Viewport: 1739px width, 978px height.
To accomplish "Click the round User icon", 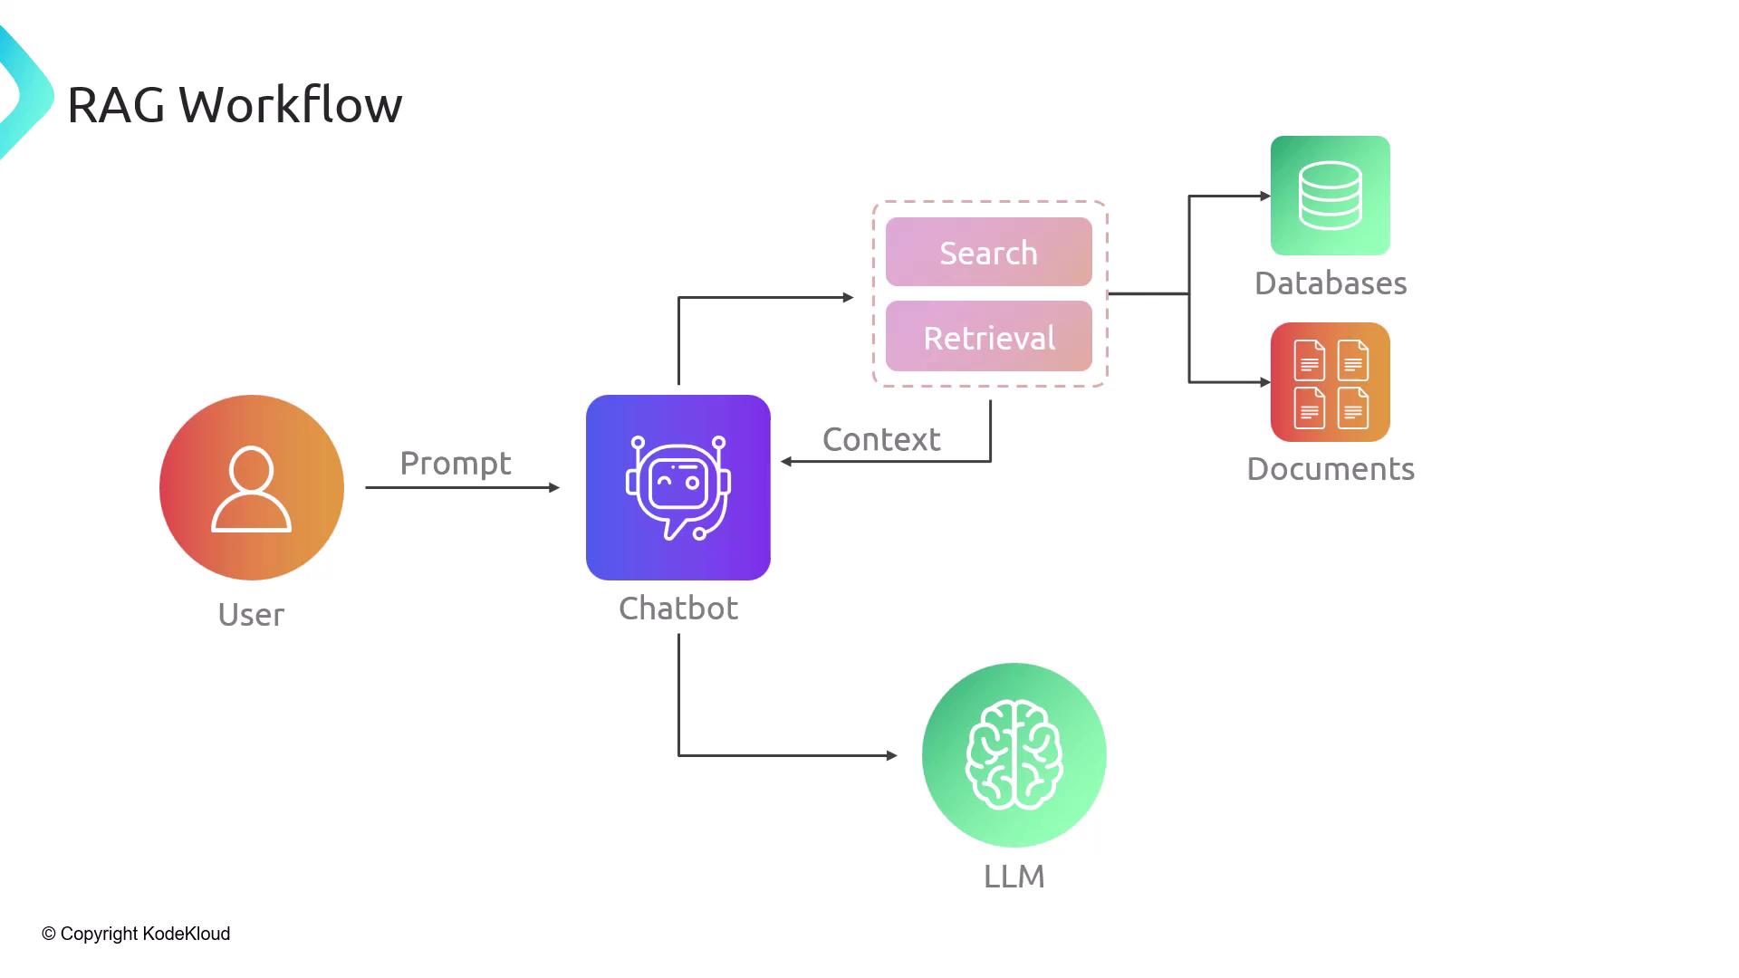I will tap(252, 487).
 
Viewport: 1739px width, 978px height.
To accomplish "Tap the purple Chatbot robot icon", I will tap(678, 487).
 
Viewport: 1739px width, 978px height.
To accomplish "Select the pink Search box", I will tap(988, 253).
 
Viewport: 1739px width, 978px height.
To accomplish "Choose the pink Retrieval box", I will tap(988, 337).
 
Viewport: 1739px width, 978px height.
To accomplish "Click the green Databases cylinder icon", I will tap(1330, 196).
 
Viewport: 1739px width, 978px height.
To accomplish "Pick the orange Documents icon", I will tap(1330, 382).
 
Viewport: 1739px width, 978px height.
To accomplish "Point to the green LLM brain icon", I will tap(1014, 755).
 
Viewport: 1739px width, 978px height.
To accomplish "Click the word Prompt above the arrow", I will tap(456, 464).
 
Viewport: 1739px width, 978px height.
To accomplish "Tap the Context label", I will tap(881, 440).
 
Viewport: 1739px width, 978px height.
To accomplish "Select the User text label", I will tap(251, 615).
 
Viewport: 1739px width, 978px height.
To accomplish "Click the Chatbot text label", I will tap(678, 609).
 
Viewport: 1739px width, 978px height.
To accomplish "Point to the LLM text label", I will tap(1014, 877).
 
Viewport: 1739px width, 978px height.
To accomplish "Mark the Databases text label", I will tap(1331, 283).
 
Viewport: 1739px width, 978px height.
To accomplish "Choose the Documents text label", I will tap(1331, 469).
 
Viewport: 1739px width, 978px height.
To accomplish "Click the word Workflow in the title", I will tap(290, 105).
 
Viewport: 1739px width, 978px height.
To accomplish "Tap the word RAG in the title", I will tap(116, 105).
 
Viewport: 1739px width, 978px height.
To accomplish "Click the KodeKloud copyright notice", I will tap(136, 934).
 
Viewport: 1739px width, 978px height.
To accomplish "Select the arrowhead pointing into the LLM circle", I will tap(892, 755).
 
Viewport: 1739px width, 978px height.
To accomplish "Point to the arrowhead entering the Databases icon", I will tap(1265, 196).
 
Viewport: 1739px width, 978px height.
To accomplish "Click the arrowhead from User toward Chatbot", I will tap(554, 487).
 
